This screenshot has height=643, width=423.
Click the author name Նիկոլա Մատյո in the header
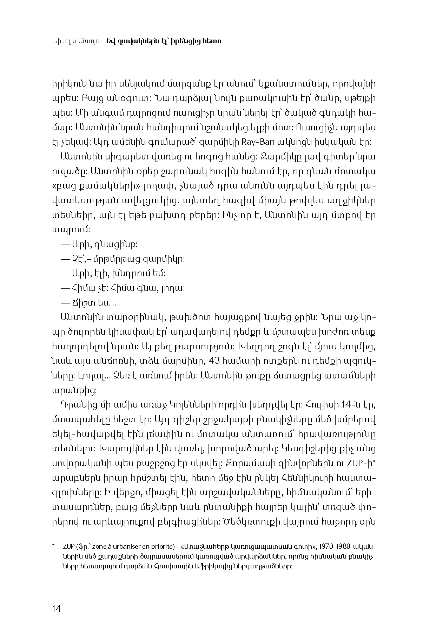click(75, 41)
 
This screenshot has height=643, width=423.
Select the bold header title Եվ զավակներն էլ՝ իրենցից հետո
click(164, 41)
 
